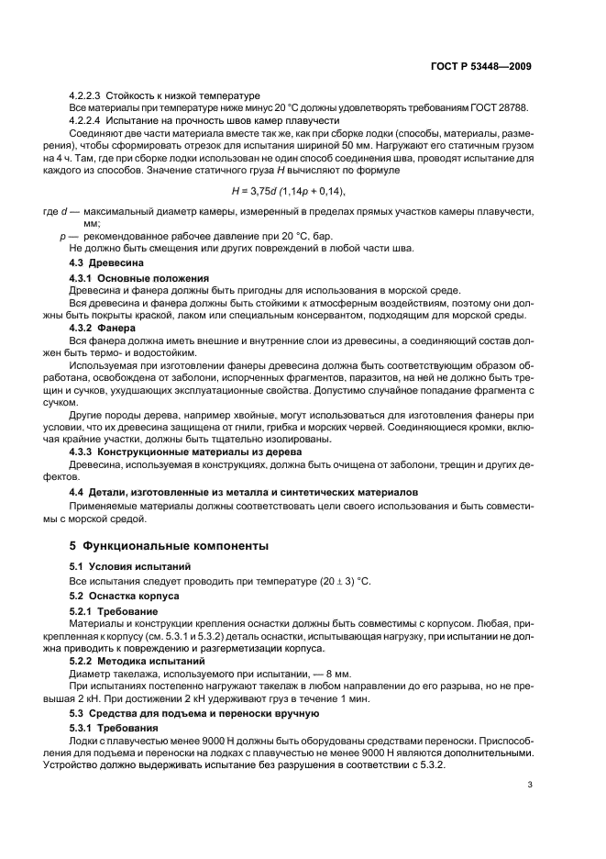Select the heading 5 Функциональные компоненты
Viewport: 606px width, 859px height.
coord(170,545)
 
